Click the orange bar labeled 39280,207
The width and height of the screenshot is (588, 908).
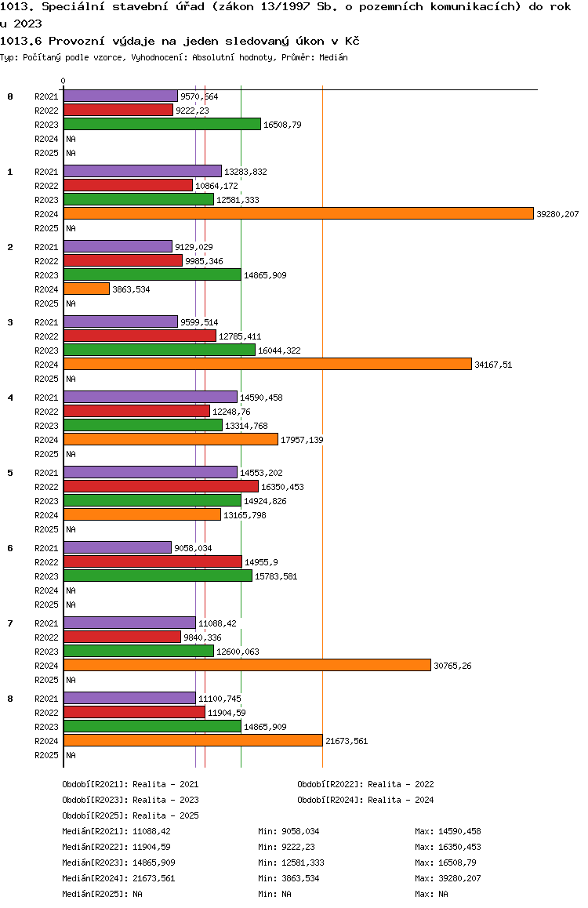coord(299,214)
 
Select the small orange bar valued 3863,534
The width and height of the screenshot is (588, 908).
coord(87,289)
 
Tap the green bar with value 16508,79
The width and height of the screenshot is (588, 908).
coord(162,124)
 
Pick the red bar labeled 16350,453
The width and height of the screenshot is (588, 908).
coord(161,486)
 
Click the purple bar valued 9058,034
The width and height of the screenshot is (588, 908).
coord(118,547)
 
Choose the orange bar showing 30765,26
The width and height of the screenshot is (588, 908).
coord(247,666)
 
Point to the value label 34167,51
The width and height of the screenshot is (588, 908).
coord(493,365)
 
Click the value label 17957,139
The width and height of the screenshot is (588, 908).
coord(302,440)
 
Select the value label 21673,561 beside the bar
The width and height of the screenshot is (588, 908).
coord(347,741)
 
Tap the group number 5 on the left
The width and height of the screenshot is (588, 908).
coord(10,473)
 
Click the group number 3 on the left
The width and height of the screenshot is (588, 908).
coord(10,322)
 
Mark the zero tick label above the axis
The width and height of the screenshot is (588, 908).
coord(63,81)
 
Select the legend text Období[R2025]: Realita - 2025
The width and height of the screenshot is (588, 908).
coord(130,815)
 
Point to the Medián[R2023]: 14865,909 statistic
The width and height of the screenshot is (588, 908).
coord(118,863)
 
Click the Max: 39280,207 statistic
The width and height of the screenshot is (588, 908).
coord(448,878)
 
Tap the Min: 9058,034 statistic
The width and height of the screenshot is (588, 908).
coord(289,831)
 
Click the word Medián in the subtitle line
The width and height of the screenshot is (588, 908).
coord(333,57)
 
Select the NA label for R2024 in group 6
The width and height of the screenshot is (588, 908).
coord(71,590)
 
